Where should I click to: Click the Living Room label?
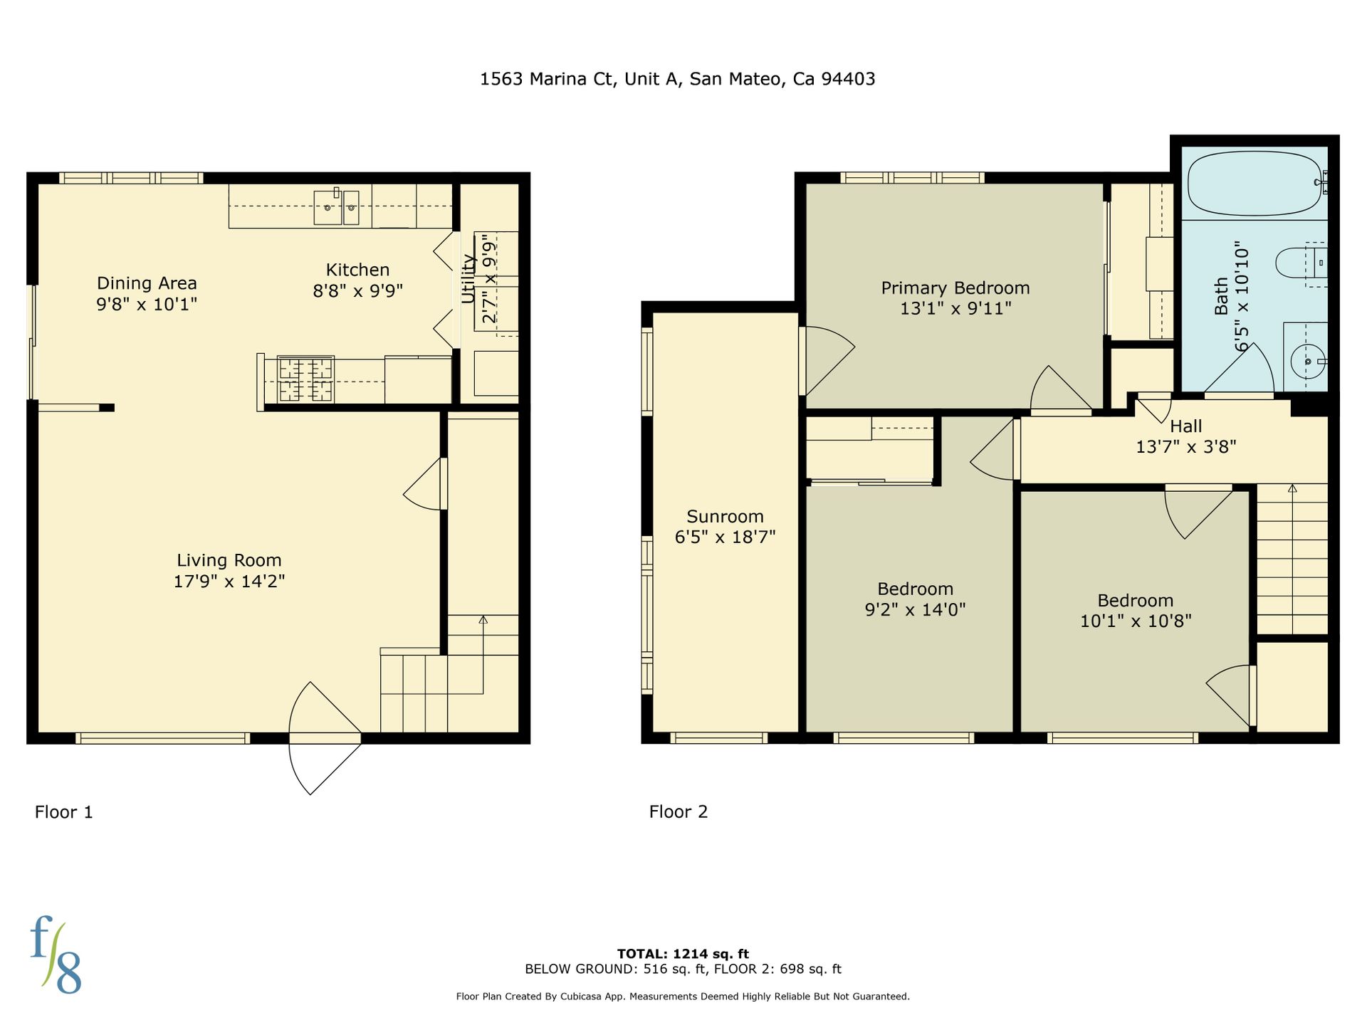[x=229, y=561]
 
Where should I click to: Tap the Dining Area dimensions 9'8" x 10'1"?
[x=147, y=305]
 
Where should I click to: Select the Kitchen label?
[x=357, y=270]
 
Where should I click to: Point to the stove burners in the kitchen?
[x=305, y=379]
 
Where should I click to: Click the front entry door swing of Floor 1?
[x=325, y=738]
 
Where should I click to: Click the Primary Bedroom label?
[x=955, y=288]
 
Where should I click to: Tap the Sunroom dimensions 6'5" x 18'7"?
[x=725, y=537]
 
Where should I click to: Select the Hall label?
[x=1186, y=426]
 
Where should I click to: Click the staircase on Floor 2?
[x=1292, y=559]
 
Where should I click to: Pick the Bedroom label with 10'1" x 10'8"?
[x=1135, y=601]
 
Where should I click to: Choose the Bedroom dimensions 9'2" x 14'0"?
[x=915, y=610]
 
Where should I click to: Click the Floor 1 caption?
[x=64, y=812]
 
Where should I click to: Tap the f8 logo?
[x=56, y=955]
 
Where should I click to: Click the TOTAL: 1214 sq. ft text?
[x=683, y=954]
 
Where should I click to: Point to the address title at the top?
[x=677, y=79]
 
